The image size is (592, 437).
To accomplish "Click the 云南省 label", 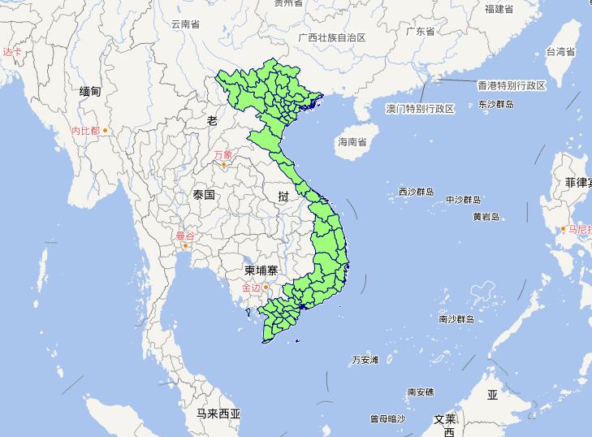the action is (x=185, y=24).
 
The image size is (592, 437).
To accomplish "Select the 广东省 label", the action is (x=421, y=32).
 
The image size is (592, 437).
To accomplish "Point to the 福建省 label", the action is (x=499, y=9).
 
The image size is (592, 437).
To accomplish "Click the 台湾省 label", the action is (x=560, y=51).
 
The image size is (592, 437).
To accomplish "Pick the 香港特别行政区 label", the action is (x=512, y=85).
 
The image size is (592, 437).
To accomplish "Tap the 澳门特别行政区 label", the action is (x=420, y=108).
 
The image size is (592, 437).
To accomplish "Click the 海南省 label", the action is (x=352, y=141).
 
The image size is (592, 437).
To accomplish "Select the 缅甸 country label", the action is (x=90, y=92).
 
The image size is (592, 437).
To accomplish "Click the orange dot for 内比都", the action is (x=105, y=130).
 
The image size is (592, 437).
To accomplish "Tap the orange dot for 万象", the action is (x=224, y=164).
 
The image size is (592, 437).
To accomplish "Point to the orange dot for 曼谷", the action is (x=186, y=245).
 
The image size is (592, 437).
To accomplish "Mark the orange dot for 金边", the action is (x=266, y=286).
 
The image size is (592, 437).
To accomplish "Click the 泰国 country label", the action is (x=204, y=195).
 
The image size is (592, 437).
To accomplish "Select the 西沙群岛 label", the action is (x=416, y=193).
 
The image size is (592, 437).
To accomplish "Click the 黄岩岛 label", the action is (x=486, y=217).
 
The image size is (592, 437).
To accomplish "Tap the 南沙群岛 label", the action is (x=456, y=319).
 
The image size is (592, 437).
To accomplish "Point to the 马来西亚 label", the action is (x=218, y=413).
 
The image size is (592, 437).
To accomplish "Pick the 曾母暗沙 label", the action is (x=387, y=419).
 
